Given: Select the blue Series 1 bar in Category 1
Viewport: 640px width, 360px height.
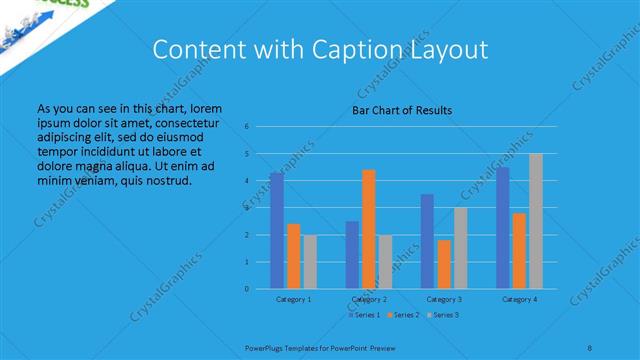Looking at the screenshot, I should pos(277,230).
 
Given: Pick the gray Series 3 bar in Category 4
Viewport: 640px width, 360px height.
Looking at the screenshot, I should pos(536,221).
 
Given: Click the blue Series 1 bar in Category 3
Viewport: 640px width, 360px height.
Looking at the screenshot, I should pos(427,241).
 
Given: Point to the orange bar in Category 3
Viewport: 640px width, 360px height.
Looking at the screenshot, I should pos(444,264).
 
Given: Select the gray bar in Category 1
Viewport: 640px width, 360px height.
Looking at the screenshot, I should pos(309,262).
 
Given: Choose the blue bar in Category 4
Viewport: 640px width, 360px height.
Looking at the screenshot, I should pos(503,227).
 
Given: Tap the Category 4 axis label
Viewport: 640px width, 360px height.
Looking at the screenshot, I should pos(519,299).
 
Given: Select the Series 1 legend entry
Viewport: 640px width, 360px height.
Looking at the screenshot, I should pos(365,315).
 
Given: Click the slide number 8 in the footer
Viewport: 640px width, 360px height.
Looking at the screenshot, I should pos(590,347).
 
